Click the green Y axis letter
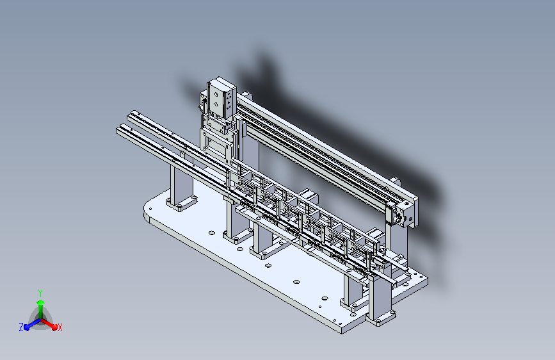40,292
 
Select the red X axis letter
60,327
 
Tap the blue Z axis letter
21,327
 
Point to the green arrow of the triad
40,303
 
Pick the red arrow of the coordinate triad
51,323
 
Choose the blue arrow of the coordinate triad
29,324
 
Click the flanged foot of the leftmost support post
181,204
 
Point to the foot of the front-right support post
382,317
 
